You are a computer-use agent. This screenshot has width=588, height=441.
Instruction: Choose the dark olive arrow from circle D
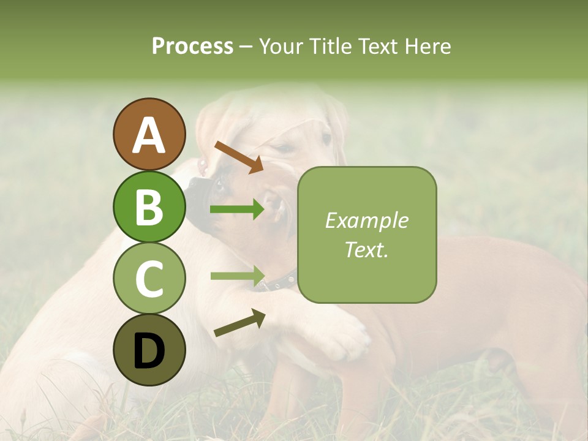239,323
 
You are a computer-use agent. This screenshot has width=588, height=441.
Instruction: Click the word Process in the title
192,46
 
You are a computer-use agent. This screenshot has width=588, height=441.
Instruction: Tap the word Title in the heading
331,46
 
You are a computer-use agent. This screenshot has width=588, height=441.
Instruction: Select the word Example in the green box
366,221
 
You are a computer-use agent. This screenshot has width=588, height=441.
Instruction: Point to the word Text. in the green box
366,249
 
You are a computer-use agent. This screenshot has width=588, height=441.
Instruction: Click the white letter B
149,206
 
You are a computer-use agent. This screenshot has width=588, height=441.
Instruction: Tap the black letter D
149,350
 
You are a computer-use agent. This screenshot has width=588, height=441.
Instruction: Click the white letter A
149,135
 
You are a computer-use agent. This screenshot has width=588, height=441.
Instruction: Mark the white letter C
149,279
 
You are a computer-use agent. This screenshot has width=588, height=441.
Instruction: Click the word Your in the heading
281,46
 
